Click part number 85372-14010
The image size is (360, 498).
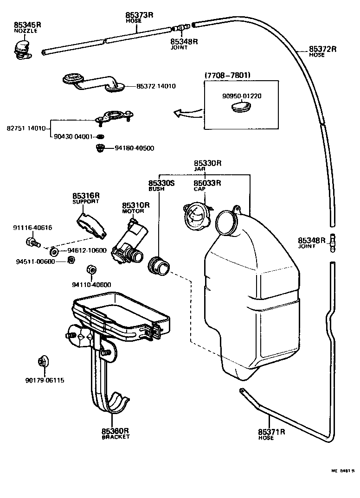click(156, 86)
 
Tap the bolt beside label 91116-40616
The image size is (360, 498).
click(33, 242)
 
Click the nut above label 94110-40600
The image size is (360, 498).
click(91, 270)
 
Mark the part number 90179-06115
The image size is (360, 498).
click(45, 380)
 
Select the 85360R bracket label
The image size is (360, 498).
click(116, 431)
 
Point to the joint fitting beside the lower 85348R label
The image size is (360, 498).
click(332, 243)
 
